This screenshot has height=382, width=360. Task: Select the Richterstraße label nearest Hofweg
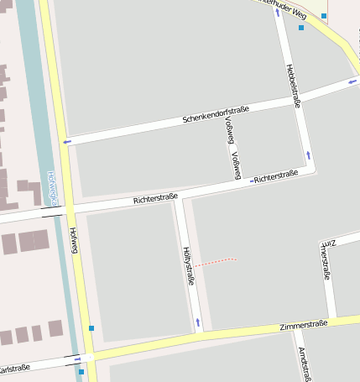155,199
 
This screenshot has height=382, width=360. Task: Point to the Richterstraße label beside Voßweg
276,176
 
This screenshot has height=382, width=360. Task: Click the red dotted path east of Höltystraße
217,262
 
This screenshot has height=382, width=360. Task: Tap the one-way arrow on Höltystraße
198,322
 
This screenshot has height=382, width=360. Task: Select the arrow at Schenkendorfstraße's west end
67,141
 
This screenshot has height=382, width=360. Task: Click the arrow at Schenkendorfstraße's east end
352,81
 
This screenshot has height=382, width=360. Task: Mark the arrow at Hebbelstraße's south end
308,154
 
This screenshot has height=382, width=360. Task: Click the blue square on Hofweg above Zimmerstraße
91,327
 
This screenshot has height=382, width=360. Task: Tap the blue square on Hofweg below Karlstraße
81,371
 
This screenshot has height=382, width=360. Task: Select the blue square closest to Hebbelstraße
301,28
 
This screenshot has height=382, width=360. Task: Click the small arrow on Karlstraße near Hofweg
77,359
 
